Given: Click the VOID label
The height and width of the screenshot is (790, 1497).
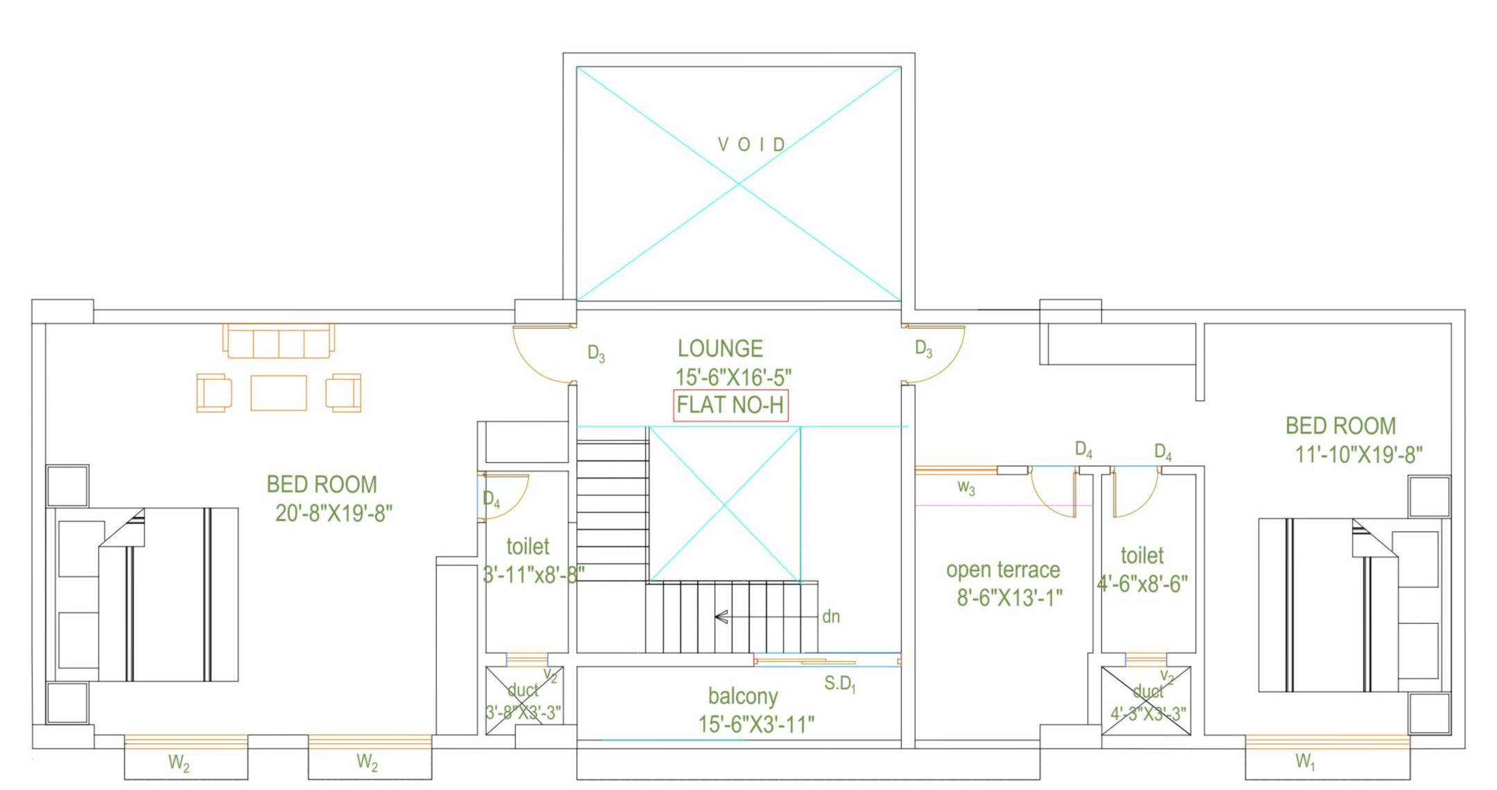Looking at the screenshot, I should point(751,145).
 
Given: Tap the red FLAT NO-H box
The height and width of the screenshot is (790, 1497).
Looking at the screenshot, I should point(730,405).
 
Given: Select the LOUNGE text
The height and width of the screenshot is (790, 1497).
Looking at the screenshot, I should point(720,349).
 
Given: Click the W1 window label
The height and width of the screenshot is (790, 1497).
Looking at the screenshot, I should point(1305,762).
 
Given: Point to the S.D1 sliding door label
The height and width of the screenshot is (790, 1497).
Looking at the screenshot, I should point(840,685).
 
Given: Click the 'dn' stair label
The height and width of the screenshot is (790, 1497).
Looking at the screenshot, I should point(831,617).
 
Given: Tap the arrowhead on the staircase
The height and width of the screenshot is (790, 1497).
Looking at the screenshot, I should point(721,617).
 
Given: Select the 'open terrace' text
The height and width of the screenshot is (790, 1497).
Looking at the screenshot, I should point(1003,570).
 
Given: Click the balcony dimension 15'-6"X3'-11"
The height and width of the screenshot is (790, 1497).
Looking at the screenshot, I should point(756,725).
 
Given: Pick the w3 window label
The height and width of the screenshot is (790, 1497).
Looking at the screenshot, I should point(966,488).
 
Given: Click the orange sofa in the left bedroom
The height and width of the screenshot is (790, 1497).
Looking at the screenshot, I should point(279,341).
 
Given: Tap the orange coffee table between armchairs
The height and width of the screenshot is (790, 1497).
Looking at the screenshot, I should point(279,393).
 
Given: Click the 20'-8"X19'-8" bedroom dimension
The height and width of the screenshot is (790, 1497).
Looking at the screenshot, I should point(334,513).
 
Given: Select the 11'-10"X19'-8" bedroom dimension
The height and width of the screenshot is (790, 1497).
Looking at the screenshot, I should point(1359,455).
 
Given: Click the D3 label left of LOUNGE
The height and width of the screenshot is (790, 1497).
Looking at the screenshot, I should point(596,354).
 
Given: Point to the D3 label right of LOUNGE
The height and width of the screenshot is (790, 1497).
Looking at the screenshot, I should point(923,349).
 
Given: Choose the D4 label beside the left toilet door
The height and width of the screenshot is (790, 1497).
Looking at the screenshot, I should point(491,499).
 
